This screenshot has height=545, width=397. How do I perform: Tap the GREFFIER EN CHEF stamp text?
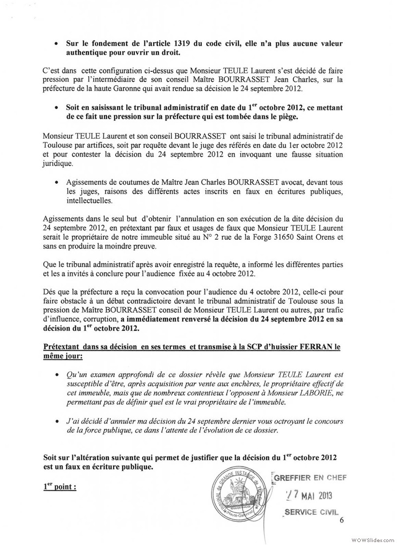[310, 478]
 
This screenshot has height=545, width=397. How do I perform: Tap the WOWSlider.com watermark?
[372, 538]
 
